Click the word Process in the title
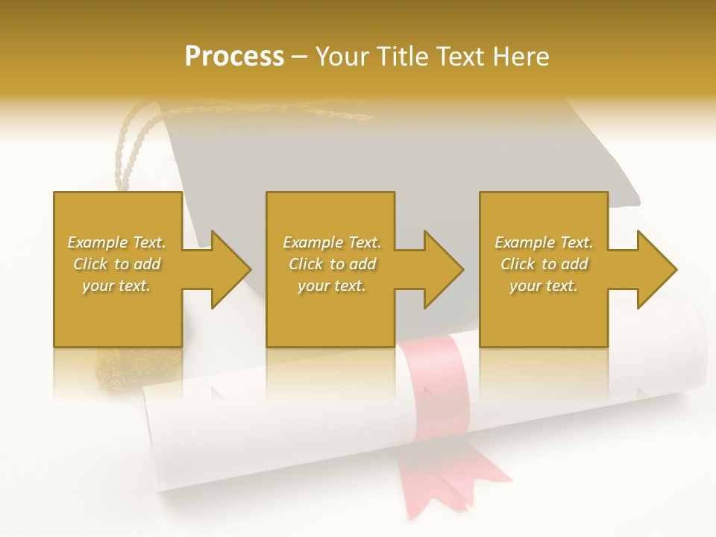click(x=234, y=57)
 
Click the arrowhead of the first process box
click(x=231, y=269)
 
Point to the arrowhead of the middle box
click(x=445, y=269)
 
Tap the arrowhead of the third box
click(x=657, y=269)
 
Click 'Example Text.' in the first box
click(x=116, y=242)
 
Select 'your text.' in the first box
click(x=116, y=286)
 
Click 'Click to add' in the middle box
click(x=332, y=264)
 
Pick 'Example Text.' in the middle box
click(x=332, y=242)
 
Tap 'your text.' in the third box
click(x=544, y=286)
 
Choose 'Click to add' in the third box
click(x=544, y=264)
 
